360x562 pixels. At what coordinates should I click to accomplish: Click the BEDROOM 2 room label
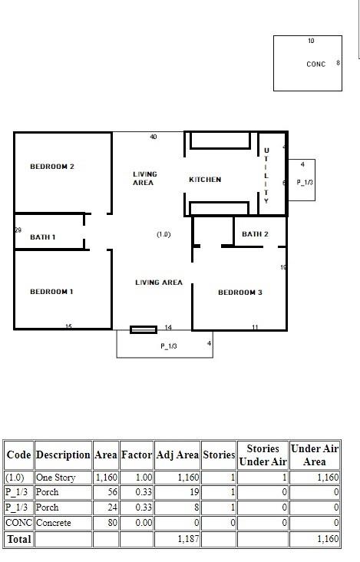[x=52, y=167]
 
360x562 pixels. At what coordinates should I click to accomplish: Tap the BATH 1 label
[x=43, y=237]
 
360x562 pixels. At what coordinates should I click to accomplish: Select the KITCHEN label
[x=205, y=180]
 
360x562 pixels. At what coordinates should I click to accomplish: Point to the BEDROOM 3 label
[x=240, y=293]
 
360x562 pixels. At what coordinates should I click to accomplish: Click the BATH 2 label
[x=255, y=234]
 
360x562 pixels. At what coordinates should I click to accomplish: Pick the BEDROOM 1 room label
[x=51, y=292]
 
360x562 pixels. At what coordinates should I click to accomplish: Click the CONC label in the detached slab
[x=316, y=64]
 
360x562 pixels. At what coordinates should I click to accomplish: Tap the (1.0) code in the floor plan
[x=163, y=234]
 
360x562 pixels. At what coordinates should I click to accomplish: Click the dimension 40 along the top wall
[x=154, y=137]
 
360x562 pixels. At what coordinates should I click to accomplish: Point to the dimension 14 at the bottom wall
[x=168, y=327]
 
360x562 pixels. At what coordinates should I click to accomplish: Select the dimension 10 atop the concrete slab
[x=311, y=41]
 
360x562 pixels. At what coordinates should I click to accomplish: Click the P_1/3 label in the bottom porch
[x=169, y=346]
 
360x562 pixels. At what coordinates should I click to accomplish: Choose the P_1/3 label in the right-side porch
[x=305, y=183]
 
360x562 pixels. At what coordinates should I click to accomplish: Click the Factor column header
[x=137, y=455]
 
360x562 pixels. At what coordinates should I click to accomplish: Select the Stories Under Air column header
[x=263, y=455]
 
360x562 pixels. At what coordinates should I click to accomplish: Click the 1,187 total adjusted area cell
[x=188, y=539]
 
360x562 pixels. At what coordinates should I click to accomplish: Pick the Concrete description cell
[x=54, y=523]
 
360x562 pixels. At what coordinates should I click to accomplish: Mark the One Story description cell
[x=55, y=478]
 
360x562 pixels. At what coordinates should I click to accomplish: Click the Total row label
[x=19, y=539]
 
